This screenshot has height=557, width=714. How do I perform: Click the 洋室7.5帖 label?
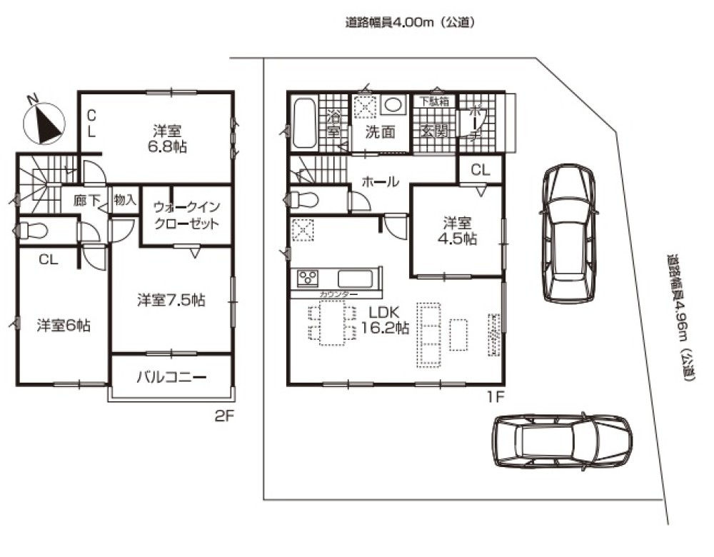point(171,301)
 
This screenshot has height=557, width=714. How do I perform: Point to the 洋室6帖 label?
point(63,326)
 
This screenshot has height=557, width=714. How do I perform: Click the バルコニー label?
point(171,376)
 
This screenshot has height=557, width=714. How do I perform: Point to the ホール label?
point(380,182)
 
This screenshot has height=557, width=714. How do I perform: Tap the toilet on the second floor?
point(31,231)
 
